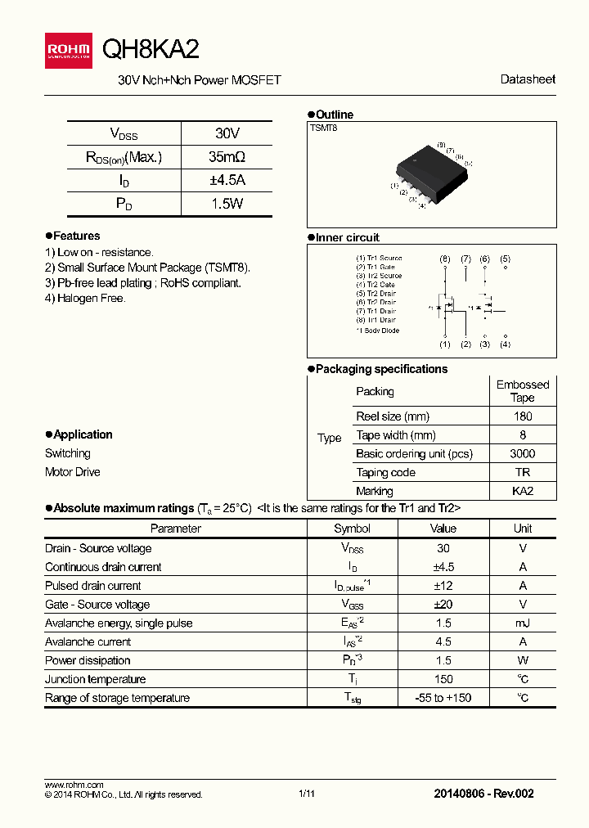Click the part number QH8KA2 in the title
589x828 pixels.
(150, 50)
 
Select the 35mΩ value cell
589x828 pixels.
(227, 157)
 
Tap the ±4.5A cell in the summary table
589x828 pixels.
(227, 181)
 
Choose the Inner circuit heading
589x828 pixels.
(347, 238)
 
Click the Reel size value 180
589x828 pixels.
(522, 416)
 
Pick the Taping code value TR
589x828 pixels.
(522, 473)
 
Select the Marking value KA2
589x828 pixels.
(522, 492)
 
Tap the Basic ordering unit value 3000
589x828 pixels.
(522, 454)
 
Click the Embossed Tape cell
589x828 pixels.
(522, 391)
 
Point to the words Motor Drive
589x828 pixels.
(73, 472)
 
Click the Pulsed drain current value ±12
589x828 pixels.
(443, 586)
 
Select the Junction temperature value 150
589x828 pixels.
(443, 679)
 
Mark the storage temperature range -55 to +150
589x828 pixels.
(443, 698)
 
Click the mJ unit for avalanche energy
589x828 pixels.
(523, 623)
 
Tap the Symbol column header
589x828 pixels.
(352, 529)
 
